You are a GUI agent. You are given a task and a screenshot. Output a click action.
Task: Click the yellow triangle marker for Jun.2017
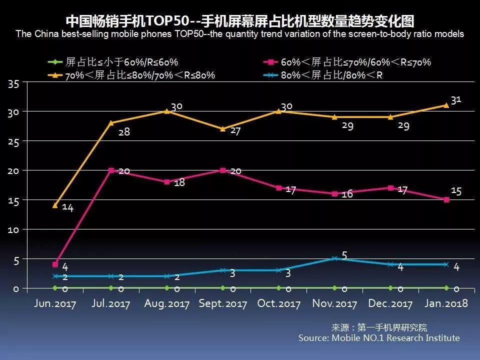(x=55, y=205)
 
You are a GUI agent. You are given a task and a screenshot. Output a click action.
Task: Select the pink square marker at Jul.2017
(x=111, y=170)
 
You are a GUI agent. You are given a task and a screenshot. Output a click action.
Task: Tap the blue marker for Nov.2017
(x=334, y=258)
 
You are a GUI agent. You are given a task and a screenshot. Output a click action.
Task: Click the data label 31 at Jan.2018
(x=455, y=100)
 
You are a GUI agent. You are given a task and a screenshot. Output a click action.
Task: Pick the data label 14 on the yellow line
(x=67, y=208)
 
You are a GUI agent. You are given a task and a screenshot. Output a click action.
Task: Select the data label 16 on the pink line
(x=347, y=194)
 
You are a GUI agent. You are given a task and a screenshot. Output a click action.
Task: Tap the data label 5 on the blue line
(x=344, y=255)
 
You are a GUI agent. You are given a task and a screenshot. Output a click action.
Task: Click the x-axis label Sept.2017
(x=222, y=304)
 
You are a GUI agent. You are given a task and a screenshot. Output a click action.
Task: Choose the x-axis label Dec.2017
(x=390, y=304)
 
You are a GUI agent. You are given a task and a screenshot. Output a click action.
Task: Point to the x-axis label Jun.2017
(x=55, y=304)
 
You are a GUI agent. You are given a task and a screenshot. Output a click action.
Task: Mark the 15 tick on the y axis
(x=13, y=200)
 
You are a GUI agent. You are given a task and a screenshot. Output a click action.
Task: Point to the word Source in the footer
(x=312, y=338)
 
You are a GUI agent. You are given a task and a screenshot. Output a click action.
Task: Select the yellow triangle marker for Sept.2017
(x=222, y=129)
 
